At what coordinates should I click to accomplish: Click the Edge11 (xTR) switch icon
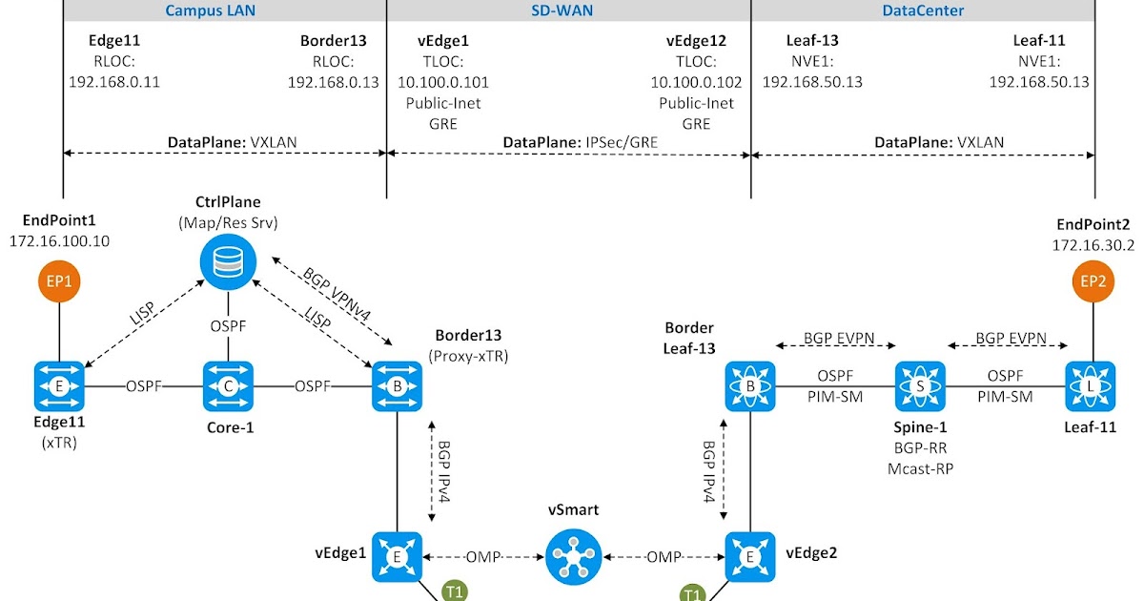59,386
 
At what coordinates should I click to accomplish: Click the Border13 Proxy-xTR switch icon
396,386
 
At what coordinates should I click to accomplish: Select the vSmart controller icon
572,556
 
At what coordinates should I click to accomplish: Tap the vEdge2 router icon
751,556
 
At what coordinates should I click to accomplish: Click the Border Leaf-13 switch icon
751,386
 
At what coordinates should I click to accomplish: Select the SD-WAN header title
568,11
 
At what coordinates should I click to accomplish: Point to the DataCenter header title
922,11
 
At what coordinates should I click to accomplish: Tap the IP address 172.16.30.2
1093,245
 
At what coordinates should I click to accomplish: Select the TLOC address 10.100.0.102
696,82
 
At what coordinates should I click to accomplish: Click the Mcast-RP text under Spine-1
921,468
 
